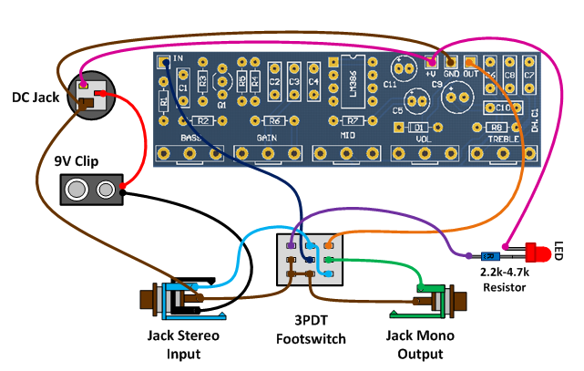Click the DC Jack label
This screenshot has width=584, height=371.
click(34, 96)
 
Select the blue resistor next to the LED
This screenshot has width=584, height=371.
click(494, 255)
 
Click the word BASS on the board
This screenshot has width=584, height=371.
click(190, 138)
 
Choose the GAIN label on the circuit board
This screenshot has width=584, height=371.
click(266, 138)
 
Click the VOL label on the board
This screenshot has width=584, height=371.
click(421, 139)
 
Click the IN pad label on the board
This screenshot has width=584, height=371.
click(178, 60)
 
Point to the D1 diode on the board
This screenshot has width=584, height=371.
click(419, 127)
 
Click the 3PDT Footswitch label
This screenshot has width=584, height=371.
click(311, 327)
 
